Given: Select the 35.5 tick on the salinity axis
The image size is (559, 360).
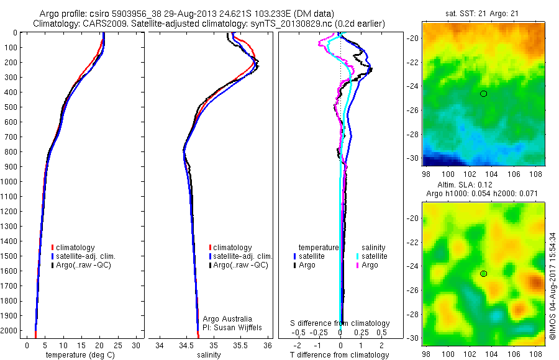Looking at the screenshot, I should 240,345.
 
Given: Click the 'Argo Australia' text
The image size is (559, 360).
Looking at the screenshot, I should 228,318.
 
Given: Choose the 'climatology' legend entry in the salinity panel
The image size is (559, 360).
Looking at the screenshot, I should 232,248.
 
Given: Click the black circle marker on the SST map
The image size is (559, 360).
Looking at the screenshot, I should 483,94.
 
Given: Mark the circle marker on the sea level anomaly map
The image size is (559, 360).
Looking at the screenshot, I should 483,274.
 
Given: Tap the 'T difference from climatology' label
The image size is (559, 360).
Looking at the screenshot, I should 340,355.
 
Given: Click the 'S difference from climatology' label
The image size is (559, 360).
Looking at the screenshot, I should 340,323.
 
